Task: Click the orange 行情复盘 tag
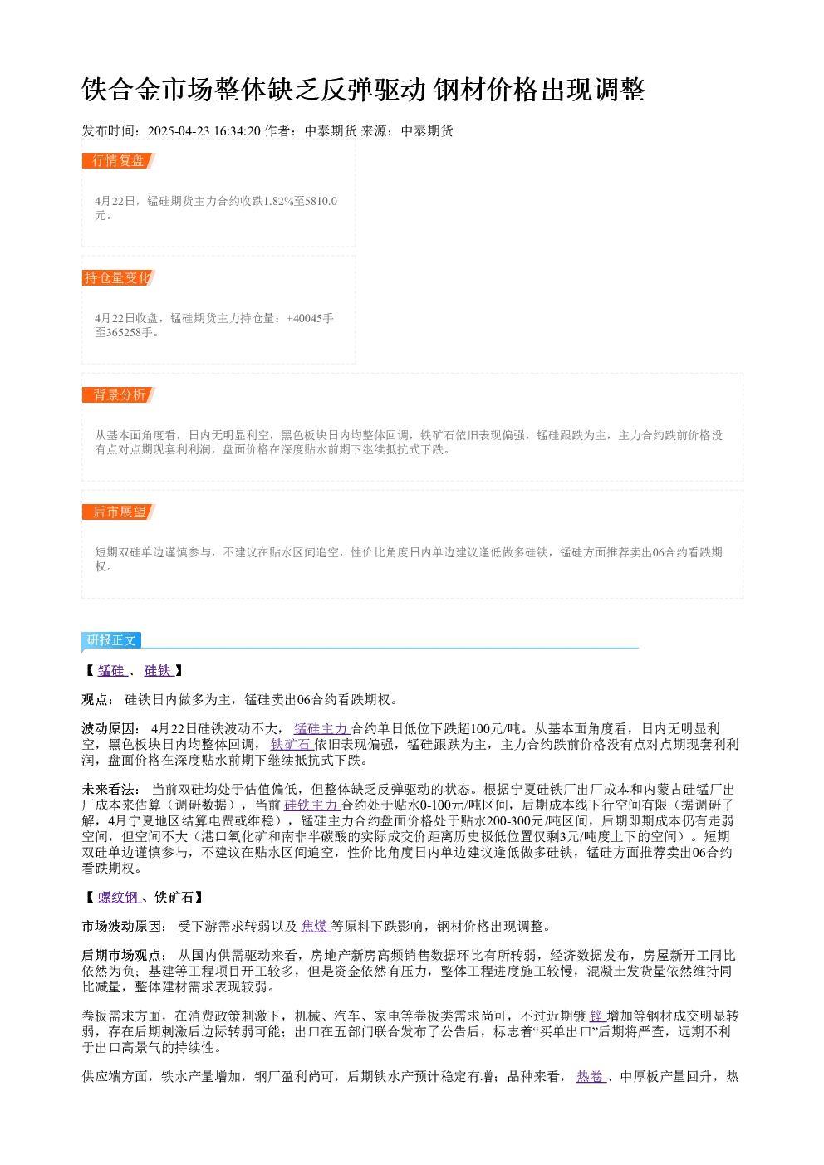119,161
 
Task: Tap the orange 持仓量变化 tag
119,277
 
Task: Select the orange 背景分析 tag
119,394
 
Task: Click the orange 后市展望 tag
119,512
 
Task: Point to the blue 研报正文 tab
111,639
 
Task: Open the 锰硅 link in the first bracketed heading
112,671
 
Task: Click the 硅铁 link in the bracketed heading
159,671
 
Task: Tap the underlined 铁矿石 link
292,744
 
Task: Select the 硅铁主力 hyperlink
312,805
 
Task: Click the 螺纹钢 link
119,897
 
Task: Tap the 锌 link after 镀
598,1016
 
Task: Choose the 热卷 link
591,1076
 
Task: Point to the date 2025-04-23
179,131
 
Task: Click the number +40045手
310,318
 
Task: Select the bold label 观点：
98,700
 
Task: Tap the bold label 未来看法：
110,790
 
